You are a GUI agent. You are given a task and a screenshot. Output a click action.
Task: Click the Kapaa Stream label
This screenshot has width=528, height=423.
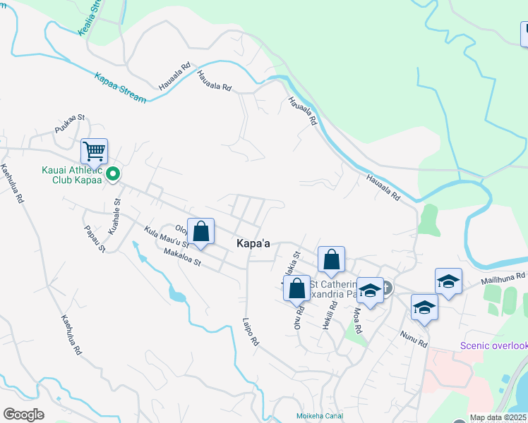point(119,87)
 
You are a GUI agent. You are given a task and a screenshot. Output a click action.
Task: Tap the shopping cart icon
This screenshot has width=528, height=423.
point(94,151)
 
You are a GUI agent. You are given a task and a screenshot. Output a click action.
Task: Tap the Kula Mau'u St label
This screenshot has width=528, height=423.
point(165,236)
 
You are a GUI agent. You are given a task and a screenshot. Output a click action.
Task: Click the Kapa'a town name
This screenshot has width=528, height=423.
point(254,243)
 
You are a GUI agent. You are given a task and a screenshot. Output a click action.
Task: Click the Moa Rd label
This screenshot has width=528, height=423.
point(356,319)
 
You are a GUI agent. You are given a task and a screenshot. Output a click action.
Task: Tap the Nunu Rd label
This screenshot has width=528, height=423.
point(414,338)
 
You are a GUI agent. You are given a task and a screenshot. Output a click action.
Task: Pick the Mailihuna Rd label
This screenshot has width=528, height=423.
point(504,279)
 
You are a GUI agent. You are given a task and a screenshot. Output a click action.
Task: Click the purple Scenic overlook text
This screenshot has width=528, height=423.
point(493,345)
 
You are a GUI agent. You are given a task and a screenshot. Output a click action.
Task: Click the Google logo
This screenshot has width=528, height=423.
point(23,415)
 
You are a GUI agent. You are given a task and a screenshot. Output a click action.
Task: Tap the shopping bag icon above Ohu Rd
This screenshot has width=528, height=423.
point(297,288)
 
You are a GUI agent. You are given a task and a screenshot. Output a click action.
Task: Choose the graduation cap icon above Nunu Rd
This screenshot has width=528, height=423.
point(424,307)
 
